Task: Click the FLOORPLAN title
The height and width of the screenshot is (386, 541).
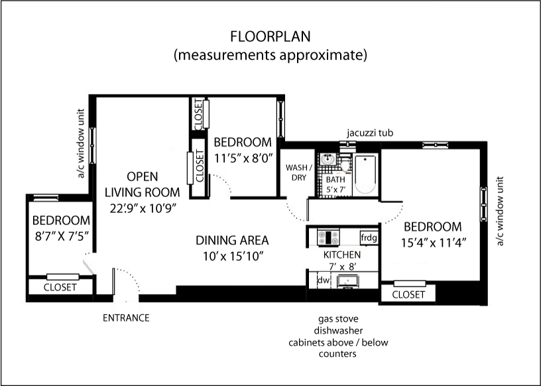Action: (270, 36)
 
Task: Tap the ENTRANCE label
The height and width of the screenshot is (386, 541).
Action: (126, 318)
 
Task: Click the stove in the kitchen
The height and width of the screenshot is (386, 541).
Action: (328, 237)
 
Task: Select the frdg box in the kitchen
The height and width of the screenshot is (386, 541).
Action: (369, 238)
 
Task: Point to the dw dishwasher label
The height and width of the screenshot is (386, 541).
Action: (324, 280)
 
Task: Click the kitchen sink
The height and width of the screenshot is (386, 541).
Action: (348, 281)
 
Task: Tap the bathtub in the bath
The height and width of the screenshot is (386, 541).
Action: (365, 174)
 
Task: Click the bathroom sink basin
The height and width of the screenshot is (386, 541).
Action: (327, 160)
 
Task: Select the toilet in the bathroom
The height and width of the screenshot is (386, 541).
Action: (345, 163)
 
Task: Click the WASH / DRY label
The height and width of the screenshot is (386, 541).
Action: (299, 172)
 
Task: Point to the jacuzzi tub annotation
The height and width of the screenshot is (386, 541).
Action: (370, 133)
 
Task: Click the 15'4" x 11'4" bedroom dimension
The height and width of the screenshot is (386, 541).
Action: (434, 243)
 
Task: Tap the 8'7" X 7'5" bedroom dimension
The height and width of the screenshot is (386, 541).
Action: (62, 236)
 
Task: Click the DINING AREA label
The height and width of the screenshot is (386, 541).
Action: (232, 240)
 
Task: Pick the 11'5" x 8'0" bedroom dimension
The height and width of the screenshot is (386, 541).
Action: (243, 158)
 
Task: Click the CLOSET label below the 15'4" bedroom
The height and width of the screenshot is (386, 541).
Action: (408, 294)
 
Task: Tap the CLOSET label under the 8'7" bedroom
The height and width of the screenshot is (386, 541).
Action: (60, 287)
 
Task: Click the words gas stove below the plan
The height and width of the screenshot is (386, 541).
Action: (338, 318)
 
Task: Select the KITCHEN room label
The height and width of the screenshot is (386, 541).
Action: (342, 255)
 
